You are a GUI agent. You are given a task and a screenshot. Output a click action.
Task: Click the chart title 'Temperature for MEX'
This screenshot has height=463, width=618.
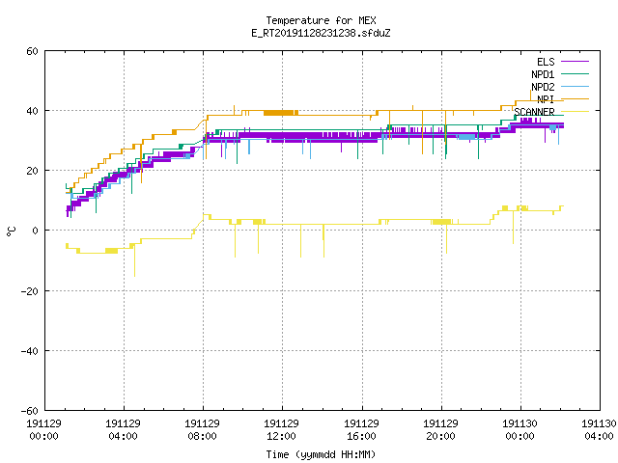pyautogui.click(x=321, y=20)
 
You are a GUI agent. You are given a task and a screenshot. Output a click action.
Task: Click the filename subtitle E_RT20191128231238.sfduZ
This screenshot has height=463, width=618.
pyautogui.click(x=321, y=33)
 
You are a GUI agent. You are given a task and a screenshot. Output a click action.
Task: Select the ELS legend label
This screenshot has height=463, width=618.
pyautogui.click(x=546, y=62)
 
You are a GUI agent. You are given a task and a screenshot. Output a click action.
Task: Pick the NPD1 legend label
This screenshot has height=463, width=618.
pyautogui.click(x=543, y=74)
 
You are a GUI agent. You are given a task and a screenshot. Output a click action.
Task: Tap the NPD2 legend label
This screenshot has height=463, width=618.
pyautogui.click(x=543, y=87)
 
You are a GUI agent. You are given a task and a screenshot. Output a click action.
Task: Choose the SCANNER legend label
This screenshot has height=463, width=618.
pyautogui.click(x=534, y=112)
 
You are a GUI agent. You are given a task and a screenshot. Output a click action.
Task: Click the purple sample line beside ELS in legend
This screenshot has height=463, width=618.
pyautogui.click(x=575, y=62)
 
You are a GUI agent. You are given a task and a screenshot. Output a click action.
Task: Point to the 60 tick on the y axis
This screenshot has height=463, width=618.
pyautogui.click(x=32, y=51)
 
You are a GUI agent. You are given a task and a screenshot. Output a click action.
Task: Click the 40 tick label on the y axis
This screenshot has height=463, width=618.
pyautogui.click(x=32, y=111)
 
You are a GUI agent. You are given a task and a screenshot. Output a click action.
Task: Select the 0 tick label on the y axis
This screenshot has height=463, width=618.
pyautogui.click(x=36, y=231)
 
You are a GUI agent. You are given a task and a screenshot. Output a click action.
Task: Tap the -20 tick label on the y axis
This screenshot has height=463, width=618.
pyautogui.click(x=30, y=291)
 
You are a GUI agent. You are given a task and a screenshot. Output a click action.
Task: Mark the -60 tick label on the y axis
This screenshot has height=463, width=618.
pyautogui.click(x=30, y=411)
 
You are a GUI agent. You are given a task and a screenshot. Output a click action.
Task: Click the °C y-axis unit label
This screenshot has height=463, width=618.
pyautogui.click(x=11, y=231)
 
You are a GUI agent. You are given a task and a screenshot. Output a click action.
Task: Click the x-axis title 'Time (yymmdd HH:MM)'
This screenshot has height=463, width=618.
pyautogui.click(x=321, y=454)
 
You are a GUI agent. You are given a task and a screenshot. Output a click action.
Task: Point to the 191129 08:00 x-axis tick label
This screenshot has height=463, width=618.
pyautogui.click(x=202, y=429)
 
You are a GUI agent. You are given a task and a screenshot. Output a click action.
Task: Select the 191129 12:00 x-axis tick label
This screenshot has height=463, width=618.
pyautogui.click(x=281, y=429)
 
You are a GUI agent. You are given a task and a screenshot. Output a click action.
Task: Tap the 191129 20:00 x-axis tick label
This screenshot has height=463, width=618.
pyautogui.click(x=440, y=429)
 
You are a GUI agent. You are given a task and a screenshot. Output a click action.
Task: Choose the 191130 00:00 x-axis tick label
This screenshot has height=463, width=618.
pyautogui.click(x=520, y=429)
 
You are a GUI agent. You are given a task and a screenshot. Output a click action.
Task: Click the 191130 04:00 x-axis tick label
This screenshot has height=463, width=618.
pyautogui.click(x=599, y=429)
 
